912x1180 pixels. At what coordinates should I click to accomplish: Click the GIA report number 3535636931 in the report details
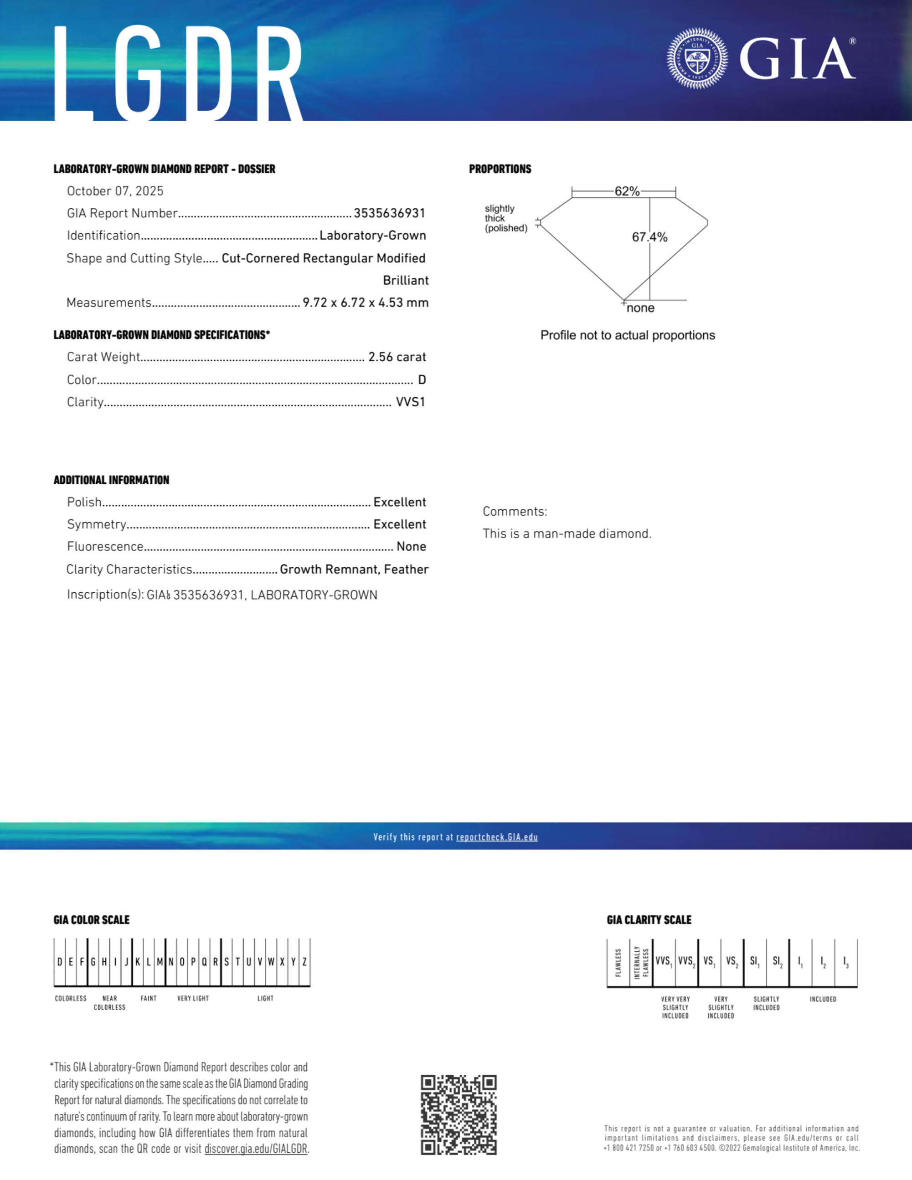pos(389,213)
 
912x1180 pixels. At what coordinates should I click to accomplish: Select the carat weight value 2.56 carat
pos(397,357)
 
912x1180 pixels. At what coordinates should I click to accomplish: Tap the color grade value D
pos(422,380)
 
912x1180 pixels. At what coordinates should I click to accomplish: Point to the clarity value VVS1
pos(410,402)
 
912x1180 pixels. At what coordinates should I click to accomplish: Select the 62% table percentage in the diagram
pos(627,191)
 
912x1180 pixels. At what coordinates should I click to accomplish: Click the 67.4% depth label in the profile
pos(649,237)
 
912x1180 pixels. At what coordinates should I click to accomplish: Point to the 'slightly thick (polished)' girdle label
pos(505,218)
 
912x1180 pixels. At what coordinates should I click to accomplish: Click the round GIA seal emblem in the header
pos(697,58)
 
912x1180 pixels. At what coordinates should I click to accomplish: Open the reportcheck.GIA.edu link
pos(497,837)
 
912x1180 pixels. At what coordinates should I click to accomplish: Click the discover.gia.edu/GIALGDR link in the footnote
pos(256,1149)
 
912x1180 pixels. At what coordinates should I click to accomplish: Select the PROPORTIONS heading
pos(500,169)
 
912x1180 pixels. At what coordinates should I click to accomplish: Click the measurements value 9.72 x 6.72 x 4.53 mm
pos(366,303)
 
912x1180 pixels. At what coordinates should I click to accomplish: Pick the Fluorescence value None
pos(411,547)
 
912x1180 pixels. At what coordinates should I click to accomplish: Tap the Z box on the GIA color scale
pos(305,962)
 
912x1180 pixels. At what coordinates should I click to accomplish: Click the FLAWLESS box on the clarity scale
pos(618,963)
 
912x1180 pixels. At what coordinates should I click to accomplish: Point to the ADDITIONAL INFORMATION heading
pos(111,480)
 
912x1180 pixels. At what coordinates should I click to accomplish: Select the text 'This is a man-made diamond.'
pos(567,534)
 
